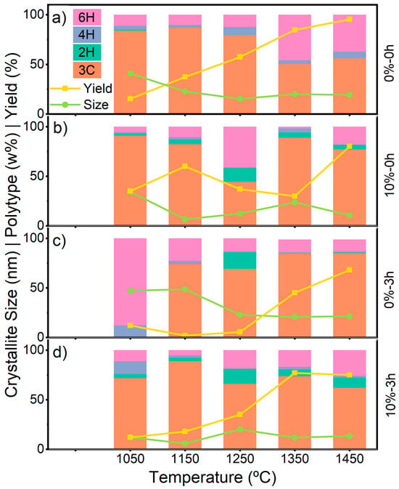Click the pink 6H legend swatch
pos(87,17)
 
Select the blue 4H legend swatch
pos(87,34)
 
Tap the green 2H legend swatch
pos(87,52)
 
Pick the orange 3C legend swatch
pos(87,70)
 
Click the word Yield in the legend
pos(98,89)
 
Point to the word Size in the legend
pos(96,105)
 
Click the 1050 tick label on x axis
pos(130,459)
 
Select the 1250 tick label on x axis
pos(240,459)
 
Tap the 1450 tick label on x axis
pos(350,459)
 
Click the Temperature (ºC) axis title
pos(213,477)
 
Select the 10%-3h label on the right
pos(390,395)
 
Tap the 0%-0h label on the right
pos(390,63)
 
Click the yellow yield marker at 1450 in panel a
pos(350,20)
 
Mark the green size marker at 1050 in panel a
pos(130,73)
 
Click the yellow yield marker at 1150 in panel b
pos(185,166)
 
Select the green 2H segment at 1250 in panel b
pos(240,174)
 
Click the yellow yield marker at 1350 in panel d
pos(295,373)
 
